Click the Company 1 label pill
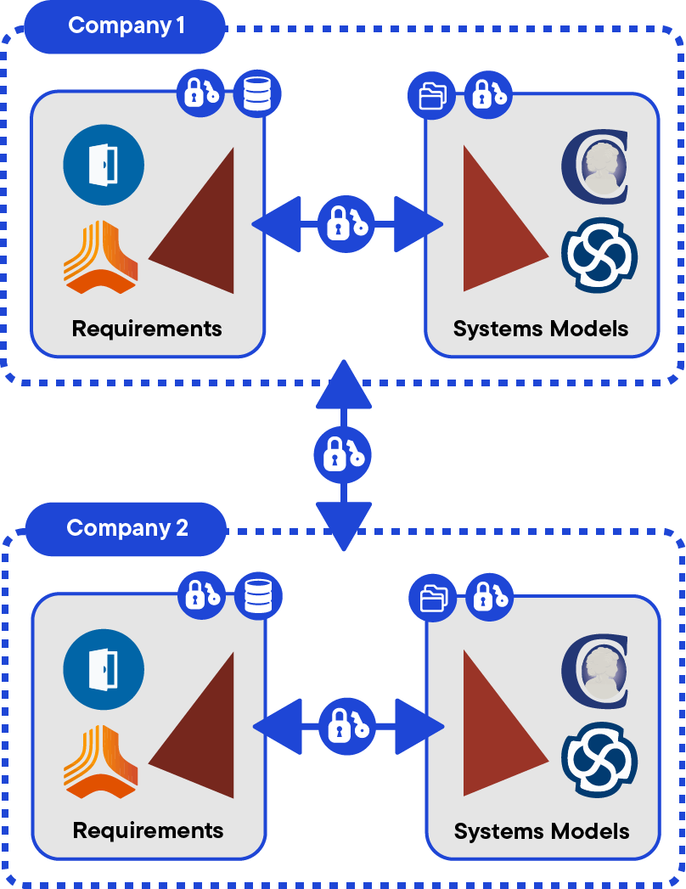126,25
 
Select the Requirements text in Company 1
147,329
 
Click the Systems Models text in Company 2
542,830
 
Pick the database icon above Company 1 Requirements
256,93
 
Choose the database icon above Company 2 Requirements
256,595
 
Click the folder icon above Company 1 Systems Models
432,94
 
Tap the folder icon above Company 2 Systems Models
433,597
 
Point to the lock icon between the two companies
343,455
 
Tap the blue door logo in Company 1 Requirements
104,165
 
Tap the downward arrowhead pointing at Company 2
343,526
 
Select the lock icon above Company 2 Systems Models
490,596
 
